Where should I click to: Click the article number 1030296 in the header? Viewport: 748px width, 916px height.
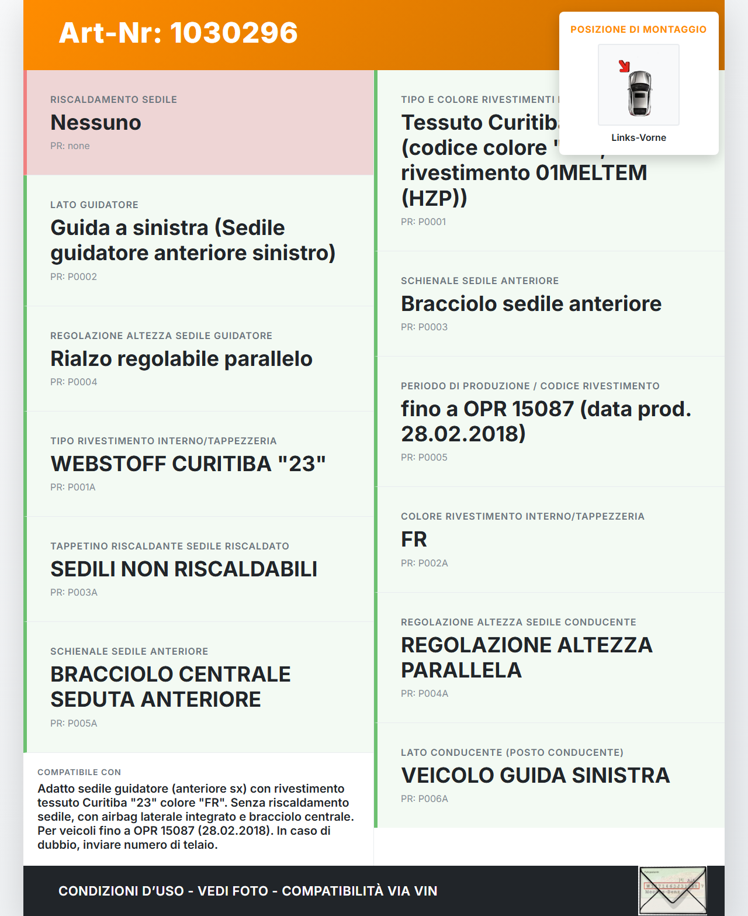(x=234, y=33)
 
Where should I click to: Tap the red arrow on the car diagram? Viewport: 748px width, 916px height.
(x=624, y=66)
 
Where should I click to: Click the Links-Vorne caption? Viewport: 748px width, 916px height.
(x=638, y=137)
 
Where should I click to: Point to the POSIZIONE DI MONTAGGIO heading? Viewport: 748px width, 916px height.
(x=638, y=29)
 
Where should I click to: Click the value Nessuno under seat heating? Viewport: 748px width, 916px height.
(x=96, y=123)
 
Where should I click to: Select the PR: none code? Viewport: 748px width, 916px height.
(x=70, y=146)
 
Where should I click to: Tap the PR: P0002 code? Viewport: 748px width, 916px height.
(x=74, y=276)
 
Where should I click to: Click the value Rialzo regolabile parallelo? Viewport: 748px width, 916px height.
(x=181, y=359)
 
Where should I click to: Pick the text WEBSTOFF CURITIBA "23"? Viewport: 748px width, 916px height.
(x=188, y=464)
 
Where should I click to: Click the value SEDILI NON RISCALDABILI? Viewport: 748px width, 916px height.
(x=183, y=569)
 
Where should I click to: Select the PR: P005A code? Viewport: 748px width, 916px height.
(x=74, y=723)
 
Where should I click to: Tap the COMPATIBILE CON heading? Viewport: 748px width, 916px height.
(x=79, y=772)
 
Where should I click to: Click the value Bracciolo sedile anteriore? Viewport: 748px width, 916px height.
(x=531, y=304)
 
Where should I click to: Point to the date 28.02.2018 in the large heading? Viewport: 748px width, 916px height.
(x=463, y=434)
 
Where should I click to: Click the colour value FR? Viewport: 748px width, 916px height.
(x=414, y=540)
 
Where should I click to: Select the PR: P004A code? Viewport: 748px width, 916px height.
(x=424, y=693)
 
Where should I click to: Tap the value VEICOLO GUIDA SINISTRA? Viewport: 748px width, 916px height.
(x=535, y=776)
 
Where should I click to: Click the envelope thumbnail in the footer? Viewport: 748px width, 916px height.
(x=672, y=890)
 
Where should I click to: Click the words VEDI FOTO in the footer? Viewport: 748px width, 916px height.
(x=233, y=891)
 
